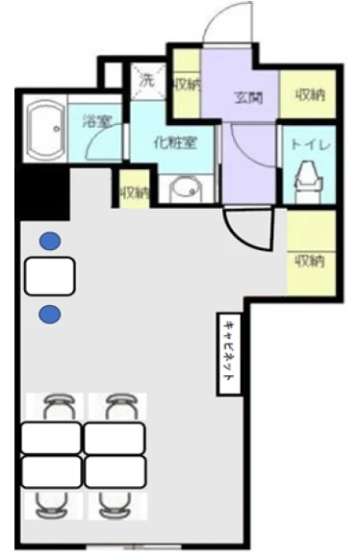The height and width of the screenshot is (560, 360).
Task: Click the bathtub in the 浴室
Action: (46, 131)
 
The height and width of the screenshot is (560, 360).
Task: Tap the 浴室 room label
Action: (96, 120)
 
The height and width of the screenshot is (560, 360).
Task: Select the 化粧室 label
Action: (174, 143)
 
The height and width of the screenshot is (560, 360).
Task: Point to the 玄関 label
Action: (248, 97)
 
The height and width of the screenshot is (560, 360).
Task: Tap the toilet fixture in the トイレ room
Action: (308, 177)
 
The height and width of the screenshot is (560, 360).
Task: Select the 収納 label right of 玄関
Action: (310, 95)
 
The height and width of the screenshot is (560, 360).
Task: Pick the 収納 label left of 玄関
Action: (187, 85)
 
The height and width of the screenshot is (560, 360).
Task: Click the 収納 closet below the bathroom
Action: (134, 189)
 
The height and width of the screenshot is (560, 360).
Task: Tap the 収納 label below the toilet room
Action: (310, 261)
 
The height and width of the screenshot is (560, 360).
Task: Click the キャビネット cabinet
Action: (229, 354)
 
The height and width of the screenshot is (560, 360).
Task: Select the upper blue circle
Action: (50, 241)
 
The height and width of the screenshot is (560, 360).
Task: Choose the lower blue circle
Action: (49, 315)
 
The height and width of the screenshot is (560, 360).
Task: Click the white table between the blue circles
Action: (49, 276)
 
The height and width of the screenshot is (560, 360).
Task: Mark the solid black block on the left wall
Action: (43, 192)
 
